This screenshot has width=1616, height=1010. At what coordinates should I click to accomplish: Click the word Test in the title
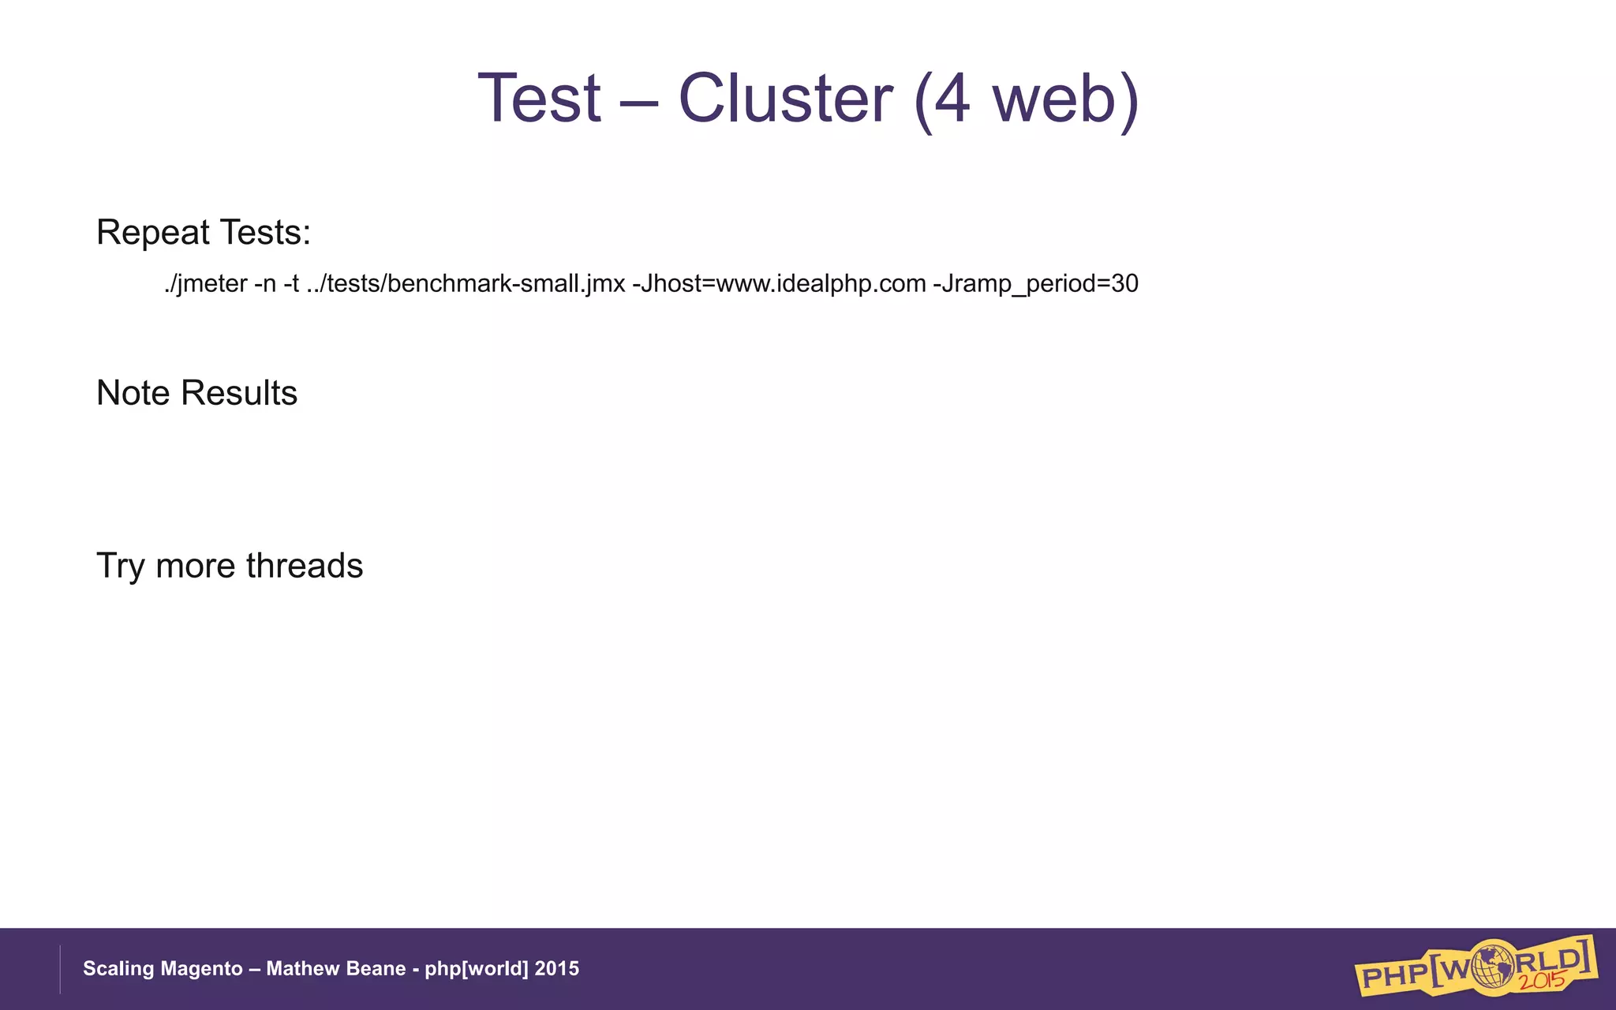[540, 99]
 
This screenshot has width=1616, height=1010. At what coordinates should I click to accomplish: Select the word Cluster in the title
[785, 99]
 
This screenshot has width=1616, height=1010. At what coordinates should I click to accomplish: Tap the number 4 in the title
[951, 99]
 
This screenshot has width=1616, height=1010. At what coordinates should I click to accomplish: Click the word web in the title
[1053, 100]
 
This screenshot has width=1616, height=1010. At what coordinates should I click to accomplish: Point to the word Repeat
[153, 233]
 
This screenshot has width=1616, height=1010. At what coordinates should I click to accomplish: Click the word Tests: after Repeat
[265, 233]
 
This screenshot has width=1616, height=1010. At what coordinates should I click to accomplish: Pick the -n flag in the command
[265, 283]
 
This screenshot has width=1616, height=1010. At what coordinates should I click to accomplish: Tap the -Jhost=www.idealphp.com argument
[779, 283]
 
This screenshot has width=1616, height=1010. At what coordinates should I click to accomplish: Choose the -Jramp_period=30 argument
[1035, 283]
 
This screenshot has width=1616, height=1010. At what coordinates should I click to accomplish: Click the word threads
[305, 566]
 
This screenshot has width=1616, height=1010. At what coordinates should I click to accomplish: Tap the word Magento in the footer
[206, 969]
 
